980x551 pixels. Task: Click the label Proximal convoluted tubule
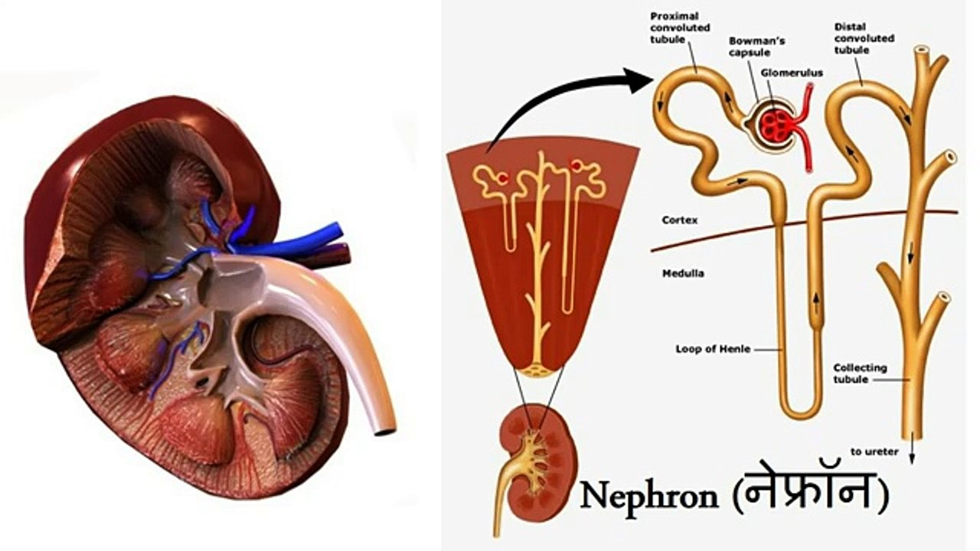click(x=680, y=28)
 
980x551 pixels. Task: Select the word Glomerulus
click(x=792, y=73)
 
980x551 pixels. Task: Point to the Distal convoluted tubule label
click(x=864, y=38)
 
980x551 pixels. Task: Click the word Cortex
click(x=679, y=220)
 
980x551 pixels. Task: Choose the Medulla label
click(x=683, y=274)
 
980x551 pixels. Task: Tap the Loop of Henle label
click(x=713, y=349)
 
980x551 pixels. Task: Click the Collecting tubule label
click(x=860, y=373)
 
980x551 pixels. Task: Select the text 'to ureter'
click(x=874, y=452)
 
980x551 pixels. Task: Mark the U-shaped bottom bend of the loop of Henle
click(x=801, y=412)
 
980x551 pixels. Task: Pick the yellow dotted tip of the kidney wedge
click(x=538, y=372)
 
